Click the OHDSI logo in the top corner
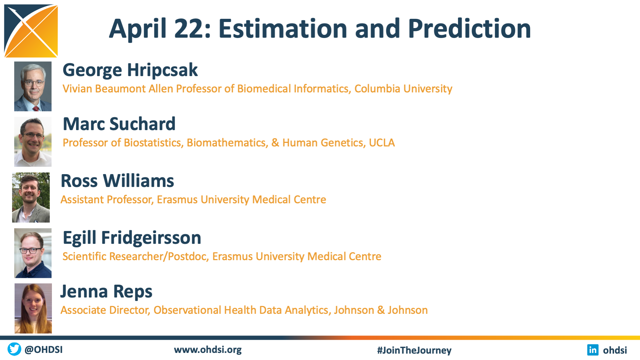(31, 31)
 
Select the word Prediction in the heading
(469, 28)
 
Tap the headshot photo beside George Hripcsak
(33, 86)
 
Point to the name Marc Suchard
(119, 124)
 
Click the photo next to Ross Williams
(31, 198)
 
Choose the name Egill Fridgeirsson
(132, 238)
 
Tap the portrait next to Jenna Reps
(33, 308)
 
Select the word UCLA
(382, 143)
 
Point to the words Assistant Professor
(107, 199)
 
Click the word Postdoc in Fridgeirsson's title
(188, 256)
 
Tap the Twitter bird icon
(15, 349)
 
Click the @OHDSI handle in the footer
(44, 350)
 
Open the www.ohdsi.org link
(208, 350)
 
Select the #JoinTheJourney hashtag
(414, 350)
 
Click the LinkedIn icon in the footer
(593, 350)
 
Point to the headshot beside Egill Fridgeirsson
(33, 253)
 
